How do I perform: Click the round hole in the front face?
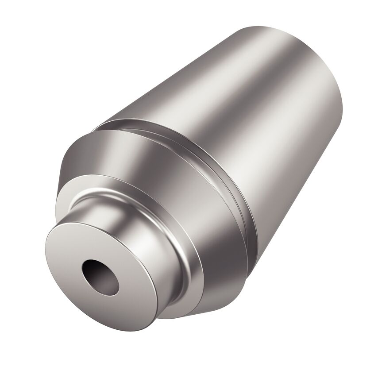point(100,277)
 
